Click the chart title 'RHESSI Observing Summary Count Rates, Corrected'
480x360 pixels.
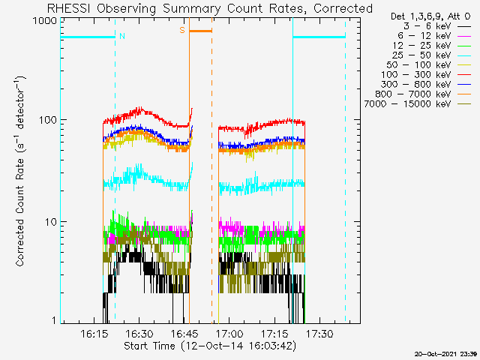point(209,8)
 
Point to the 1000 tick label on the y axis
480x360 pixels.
point(43,21)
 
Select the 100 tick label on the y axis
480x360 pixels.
point(46,120)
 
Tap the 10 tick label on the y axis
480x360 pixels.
point(49,222)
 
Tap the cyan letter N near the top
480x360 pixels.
point(121,35)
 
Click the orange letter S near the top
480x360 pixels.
point(181,30)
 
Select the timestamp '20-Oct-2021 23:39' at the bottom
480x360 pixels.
point(445,352)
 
